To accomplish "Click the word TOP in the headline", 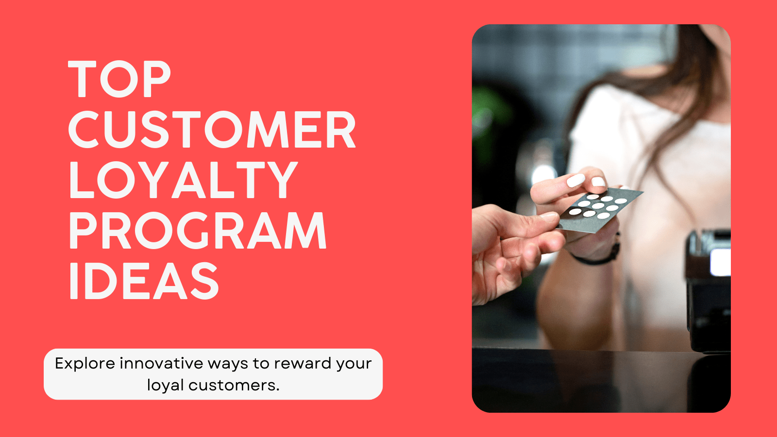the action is tap(119, 79).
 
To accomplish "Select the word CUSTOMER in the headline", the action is tap(212, 129).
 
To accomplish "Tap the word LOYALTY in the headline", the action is tap(183, 180).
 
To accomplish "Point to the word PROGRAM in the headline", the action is tap(198, 230).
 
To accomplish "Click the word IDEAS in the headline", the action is tap(144, 281).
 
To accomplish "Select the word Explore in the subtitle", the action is tap(85, 364).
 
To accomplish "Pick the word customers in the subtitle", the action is tap(234, 386).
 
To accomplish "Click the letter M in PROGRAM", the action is tap(305, 230).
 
